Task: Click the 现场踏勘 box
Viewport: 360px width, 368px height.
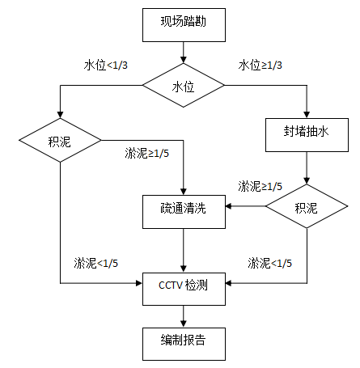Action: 184,25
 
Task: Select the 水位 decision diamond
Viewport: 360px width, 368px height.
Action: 184,87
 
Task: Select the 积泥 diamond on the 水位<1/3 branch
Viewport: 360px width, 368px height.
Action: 60,142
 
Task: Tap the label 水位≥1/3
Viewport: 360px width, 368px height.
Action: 260,65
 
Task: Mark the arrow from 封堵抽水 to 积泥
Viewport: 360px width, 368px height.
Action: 307,168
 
